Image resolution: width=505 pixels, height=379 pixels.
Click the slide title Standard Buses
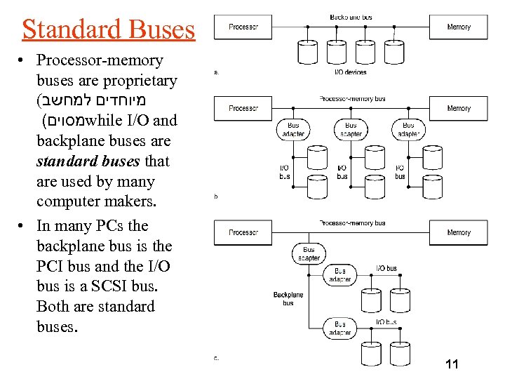(108, 29)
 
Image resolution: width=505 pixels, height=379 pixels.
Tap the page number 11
(452, 364)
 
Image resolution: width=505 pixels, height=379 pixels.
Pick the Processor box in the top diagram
(243, 27)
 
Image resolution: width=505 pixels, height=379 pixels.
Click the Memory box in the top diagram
(459, 27)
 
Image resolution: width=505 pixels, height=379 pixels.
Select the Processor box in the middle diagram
(243, 108)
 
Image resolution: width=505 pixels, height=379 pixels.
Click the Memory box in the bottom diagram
(459, 232)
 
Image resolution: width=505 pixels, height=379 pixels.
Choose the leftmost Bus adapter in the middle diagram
(293, 129)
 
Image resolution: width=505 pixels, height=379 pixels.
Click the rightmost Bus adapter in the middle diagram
(408, 129)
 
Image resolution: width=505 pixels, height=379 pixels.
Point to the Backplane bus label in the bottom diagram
(288, 298)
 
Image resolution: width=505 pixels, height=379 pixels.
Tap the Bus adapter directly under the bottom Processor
(309, 253)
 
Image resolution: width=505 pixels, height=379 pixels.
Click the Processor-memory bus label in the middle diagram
(352, 99)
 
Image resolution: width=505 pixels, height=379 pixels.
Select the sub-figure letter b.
(216, 197)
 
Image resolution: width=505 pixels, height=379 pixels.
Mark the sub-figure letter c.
(216, 358)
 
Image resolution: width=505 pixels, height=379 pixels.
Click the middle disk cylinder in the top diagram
(337, 51)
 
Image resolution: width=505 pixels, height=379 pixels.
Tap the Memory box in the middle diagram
(459, 108)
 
